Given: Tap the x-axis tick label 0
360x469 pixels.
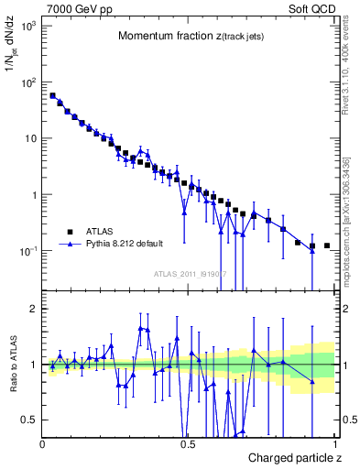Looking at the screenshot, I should pos(42,443).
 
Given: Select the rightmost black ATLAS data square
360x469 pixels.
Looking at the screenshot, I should pos(327,245).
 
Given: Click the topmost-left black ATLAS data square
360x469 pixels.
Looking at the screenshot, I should pos(52,95).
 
